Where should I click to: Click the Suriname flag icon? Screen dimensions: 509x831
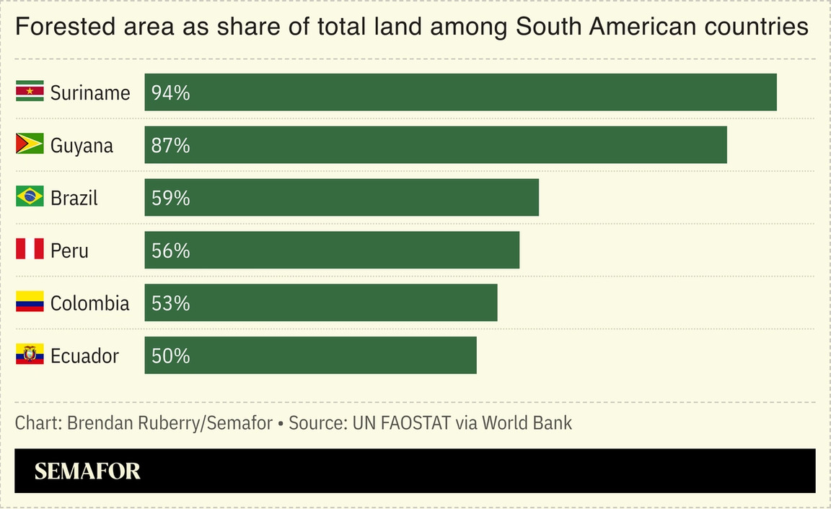(30, 92)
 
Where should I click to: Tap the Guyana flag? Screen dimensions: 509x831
(30, 144)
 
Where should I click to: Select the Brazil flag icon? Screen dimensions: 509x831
(30, 197)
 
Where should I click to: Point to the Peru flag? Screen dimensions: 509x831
(30, 250)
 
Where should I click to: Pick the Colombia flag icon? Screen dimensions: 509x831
(30, 303)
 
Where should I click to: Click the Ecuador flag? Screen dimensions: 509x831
(30, 355)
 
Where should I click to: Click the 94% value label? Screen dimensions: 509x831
(170, 92)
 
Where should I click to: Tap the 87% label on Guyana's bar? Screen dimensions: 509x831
(170, 145)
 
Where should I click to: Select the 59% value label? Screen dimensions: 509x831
(170, 198)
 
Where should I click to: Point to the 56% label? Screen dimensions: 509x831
(170, 251)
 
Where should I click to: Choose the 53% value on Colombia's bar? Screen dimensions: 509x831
(170, 303)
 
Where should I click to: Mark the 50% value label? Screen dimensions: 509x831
(170, 356)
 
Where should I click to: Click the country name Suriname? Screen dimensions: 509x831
(90, 92)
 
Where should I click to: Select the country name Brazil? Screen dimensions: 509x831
(74, 198)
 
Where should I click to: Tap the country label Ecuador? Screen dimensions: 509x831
(84, 356)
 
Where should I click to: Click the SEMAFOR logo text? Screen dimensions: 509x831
(87, 471)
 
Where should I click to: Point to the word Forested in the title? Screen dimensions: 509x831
(57, 27)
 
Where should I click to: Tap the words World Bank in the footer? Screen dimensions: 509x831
(527, 423)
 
